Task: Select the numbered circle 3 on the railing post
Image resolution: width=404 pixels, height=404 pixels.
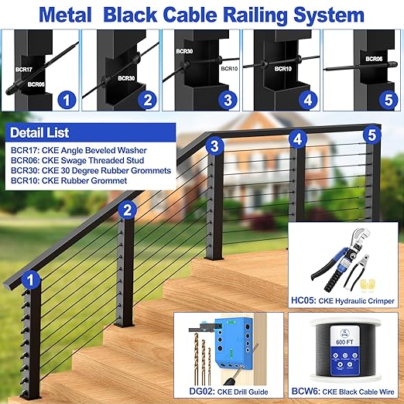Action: [x=216, y=145]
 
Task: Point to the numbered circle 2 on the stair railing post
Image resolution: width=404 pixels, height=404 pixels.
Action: [x=129, y=208]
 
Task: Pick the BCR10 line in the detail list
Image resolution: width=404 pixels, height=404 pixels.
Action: [x=67, y=180]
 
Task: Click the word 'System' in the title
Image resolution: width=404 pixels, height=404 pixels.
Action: [x=324, y=14]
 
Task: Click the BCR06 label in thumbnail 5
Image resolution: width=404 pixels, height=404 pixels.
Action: [x=374, y=58]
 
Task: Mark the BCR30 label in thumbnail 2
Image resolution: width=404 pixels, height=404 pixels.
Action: [x=127, y=77]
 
